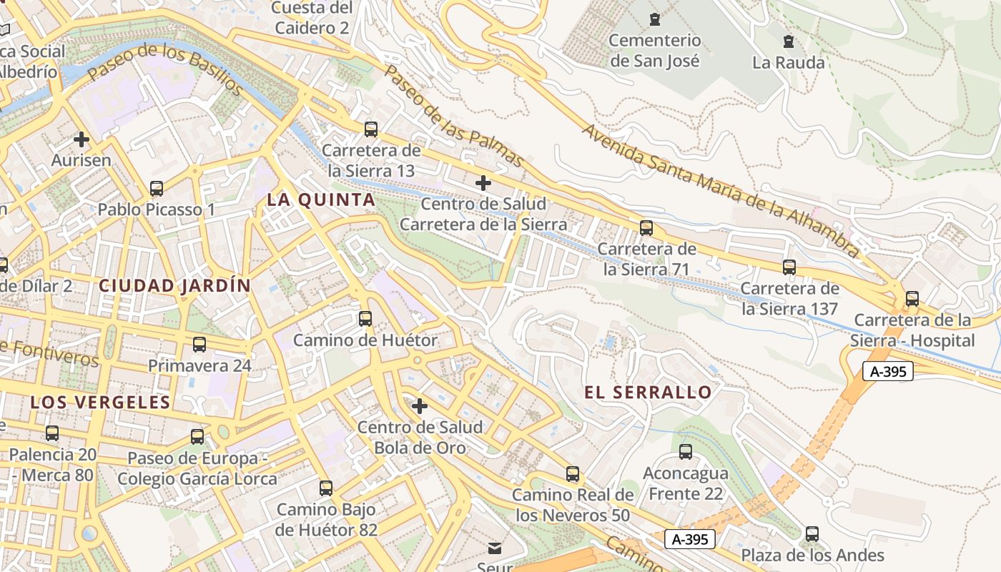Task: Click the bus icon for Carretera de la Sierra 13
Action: (370, 129)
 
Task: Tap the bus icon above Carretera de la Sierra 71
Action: (646, 228)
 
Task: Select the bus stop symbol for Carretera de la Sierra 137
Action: (789, 267)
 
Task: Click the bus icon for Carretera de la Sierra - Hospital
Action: (912, 299)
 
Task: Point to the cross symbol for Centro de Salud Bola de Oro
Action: (420, 406)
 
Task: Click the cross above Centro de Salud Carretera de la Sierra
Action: (483, 183)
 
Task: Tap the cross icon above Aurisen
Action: (82, 139)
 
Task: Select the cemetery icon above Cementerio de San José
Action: (654, 19)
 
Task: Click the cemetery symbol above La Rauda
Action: (789, 41)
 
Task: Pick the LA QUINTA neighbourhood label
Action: (321, 200)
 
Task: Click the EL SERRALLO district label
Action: (648, 392)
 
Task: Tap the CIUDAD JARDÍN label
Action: (175, 286)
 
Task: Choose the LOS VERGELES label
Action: (101, 402)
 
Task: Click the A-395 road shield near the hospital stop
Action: (887, 371)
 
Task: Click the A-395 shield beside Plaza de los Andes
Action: (690, 539)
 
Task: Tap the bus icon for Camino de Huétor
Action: (365, 319)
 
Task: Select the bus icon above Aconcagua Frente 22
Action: (686, 452)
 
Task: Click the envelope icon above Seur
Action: (495, 548)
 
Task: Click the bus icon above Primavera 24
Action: (199, 345)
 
